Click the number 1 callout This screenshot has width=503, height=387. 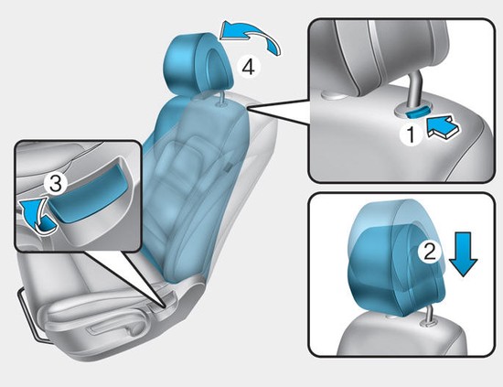click(x=412, y=134)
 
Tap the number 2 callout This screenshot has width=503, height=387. click(x=430, y=251)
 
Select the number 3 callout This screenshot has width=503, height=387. click(x=56, y=185)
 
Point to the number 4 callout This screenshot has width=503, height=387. click(x=248, y=68)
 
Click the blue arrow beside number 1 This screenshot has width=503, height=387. click(x=444, y=128)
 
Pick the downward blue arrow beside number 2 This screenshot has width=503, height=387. click(x=464, y=254)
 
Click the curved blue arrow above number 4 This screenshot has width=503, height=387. click(x=251, y=37)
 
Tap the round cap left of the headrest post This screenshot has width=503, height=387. click(x=332, y=95)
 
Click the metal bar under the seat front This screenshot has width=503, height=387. click(x=29, y=316)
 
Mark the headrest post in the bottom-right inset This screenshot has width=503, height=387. click(x=429, y=316)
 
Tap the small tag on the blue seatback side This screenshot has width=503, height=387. click(x=228, y=167)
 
